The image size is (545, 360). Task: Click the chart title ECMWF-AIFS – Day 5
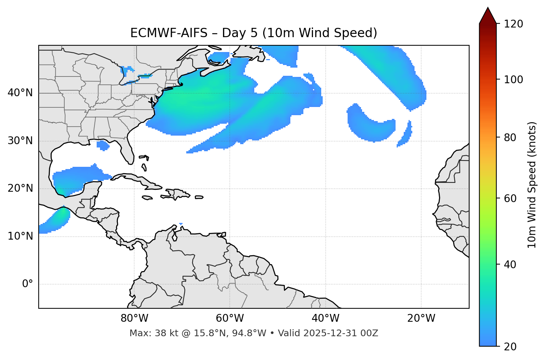click(x=254, y=33)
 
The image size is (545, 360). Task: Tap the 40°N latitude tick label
click(x=20, y=93)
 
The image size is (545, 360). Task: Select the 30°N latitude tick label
click(x=20, y=141)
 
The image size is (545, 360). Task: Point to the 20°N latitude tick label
click(x=20, y=188)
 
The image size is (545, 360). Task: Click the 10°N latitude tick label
click(x=20, y=236)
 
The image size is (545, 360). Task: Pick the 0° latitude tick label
click(x=28, y=284)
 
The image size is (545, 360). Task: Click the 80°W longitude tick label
click(x=134, y=318)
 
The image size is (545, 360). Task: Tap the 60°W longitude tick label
click(x=230, y=318)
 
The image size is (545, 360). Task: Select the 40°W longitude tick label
click(x=325, y=318)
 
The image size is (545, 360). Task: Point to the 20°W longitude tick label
click(x=421, y=318)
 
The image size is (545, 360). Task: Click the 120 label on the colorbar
click(x=513, y=24)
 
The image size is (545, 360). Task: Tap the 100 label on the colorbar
click(x=513, y=80)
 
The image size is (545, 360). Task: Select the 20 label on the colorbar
click(x=510, y=347)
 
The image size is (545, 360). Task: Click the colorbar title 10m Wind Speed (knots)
click(x=532, y=185)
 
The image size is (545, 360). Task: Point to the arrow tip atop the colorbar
click(x=488, y=8)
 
